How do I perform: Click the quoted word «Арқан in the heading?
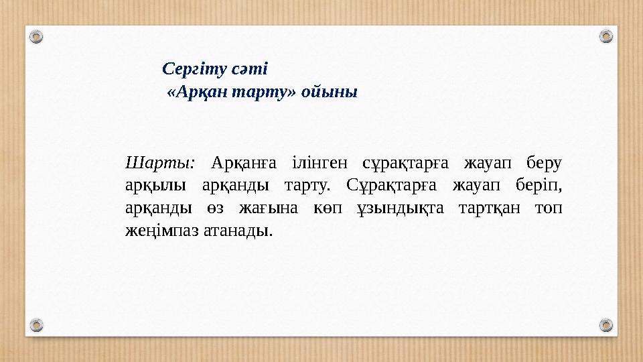(196, 92)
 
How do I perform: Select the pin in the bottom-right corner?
(605, 325)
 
